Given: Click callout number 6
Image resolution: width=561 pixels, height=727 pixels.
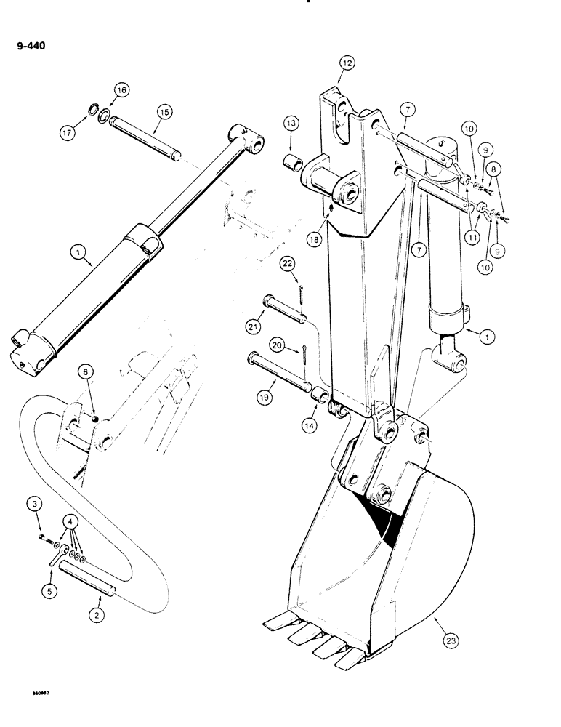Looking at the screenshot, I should [x=86, y=372].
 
